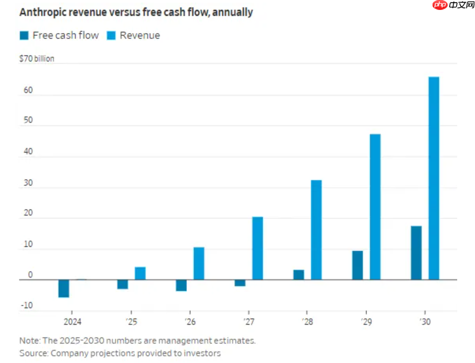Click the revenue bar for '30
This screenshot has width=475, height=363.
point(434,178)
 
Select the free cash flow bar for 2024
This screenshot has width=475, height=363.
point(64,289)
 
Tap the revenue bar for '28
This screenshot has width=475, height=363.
point(316,230)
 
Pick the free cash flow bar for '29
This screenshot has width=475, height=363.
point(358,266)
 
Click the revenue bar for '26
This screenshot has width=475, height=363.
point(199,263)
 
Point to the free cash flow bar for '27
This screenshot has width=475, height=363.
point(240,283)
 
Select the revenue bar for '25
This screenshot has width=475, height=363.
point(140,273)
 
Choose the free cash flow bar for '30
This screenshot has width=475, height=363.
point(416,253)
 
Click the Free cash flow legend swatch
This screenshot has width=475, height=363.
point(24,36)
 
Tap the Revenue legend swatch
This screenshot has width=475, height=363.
point(111,36)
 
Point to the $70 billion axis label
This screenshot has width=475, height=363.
point(37,59)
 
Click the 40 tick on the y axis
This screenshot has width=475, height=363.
point(28,152)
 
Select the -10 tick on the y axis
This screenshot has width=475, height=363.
point(26,305)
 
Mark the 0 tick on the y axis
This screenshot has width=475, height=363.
point(30,275)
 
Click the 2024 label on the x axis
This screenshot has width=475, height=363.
point(72,321)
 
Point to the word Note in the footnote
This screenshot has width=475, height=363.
point(29,340)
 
